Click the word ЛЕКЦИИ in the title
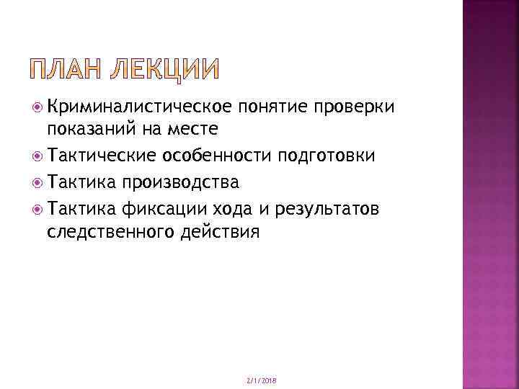click(x=165, y=71)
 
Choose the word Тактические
click(x=103, y=156)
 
